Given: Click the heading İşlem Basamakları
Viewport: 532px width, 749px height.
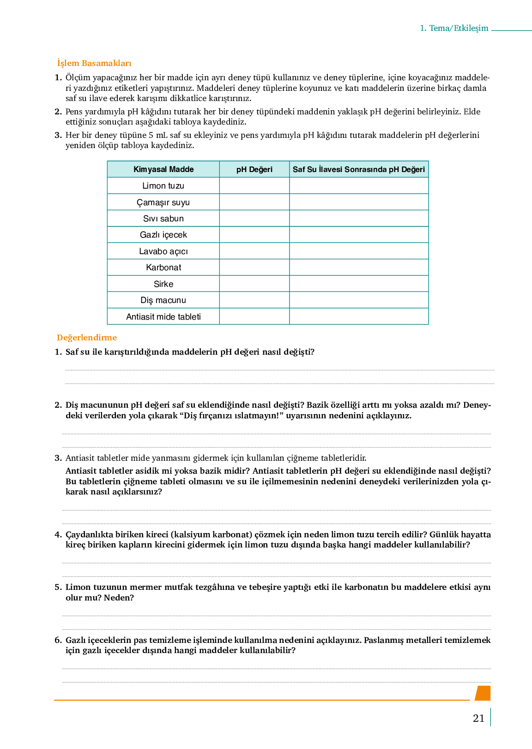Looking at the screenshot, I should (94, 63).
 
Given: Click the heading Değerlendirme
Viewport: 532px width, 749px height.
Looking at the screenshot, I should (87, 338).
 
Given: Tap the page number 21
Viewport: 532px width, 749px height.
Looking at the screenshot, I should (478, 718).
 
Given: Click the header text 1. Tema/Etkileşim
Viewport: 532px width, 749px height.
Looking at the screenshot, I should (454, 28).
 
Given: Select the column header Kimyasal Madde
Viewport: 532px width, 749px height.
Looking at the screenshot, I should (163, 169).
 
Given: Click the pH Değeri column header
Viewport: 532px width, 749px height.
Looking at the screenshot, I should (254, 169).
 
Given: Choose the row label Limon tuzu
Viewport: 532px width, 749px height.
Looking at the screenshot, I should (163, 186).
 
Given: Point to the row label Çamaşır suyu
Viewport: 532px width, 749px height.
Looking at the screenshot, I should (163, 202).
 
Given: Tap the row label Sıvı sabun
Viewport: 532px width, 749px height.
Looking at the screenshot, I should (163, 219).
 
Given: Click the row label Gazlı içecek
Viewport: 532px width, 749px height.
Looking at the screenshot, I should (163, 235).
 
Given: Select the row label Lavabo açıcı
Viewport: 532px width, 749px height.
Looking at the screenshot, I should (163, 251).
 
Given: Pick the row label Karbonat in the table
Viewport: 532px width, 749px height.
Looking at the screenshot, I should (163, 267).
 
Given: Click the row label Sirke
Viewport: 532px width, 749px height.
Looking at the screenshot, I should (163, 284).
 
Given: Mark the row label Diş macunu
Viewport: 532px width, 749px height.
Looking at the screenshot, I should (163, 300).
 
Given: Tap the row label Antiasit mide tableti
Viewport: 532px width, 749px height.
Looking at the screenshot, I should (163, 317).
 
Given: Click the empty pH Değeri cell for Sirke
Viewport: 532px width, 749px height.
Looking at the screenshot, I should (254, 284).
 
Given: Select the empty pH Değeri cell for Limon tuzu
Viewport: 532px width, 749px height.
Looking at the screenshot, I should (254, 186).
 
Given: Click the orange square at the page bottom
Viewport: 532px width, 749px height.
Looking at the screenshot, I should (483, 693).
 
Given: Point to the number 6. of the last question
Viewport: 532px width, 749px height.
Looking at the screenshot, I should (58, 640).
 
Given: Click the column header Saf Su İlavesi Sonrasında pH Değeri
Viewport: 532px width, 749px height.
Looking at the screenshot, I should (359, 169).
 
